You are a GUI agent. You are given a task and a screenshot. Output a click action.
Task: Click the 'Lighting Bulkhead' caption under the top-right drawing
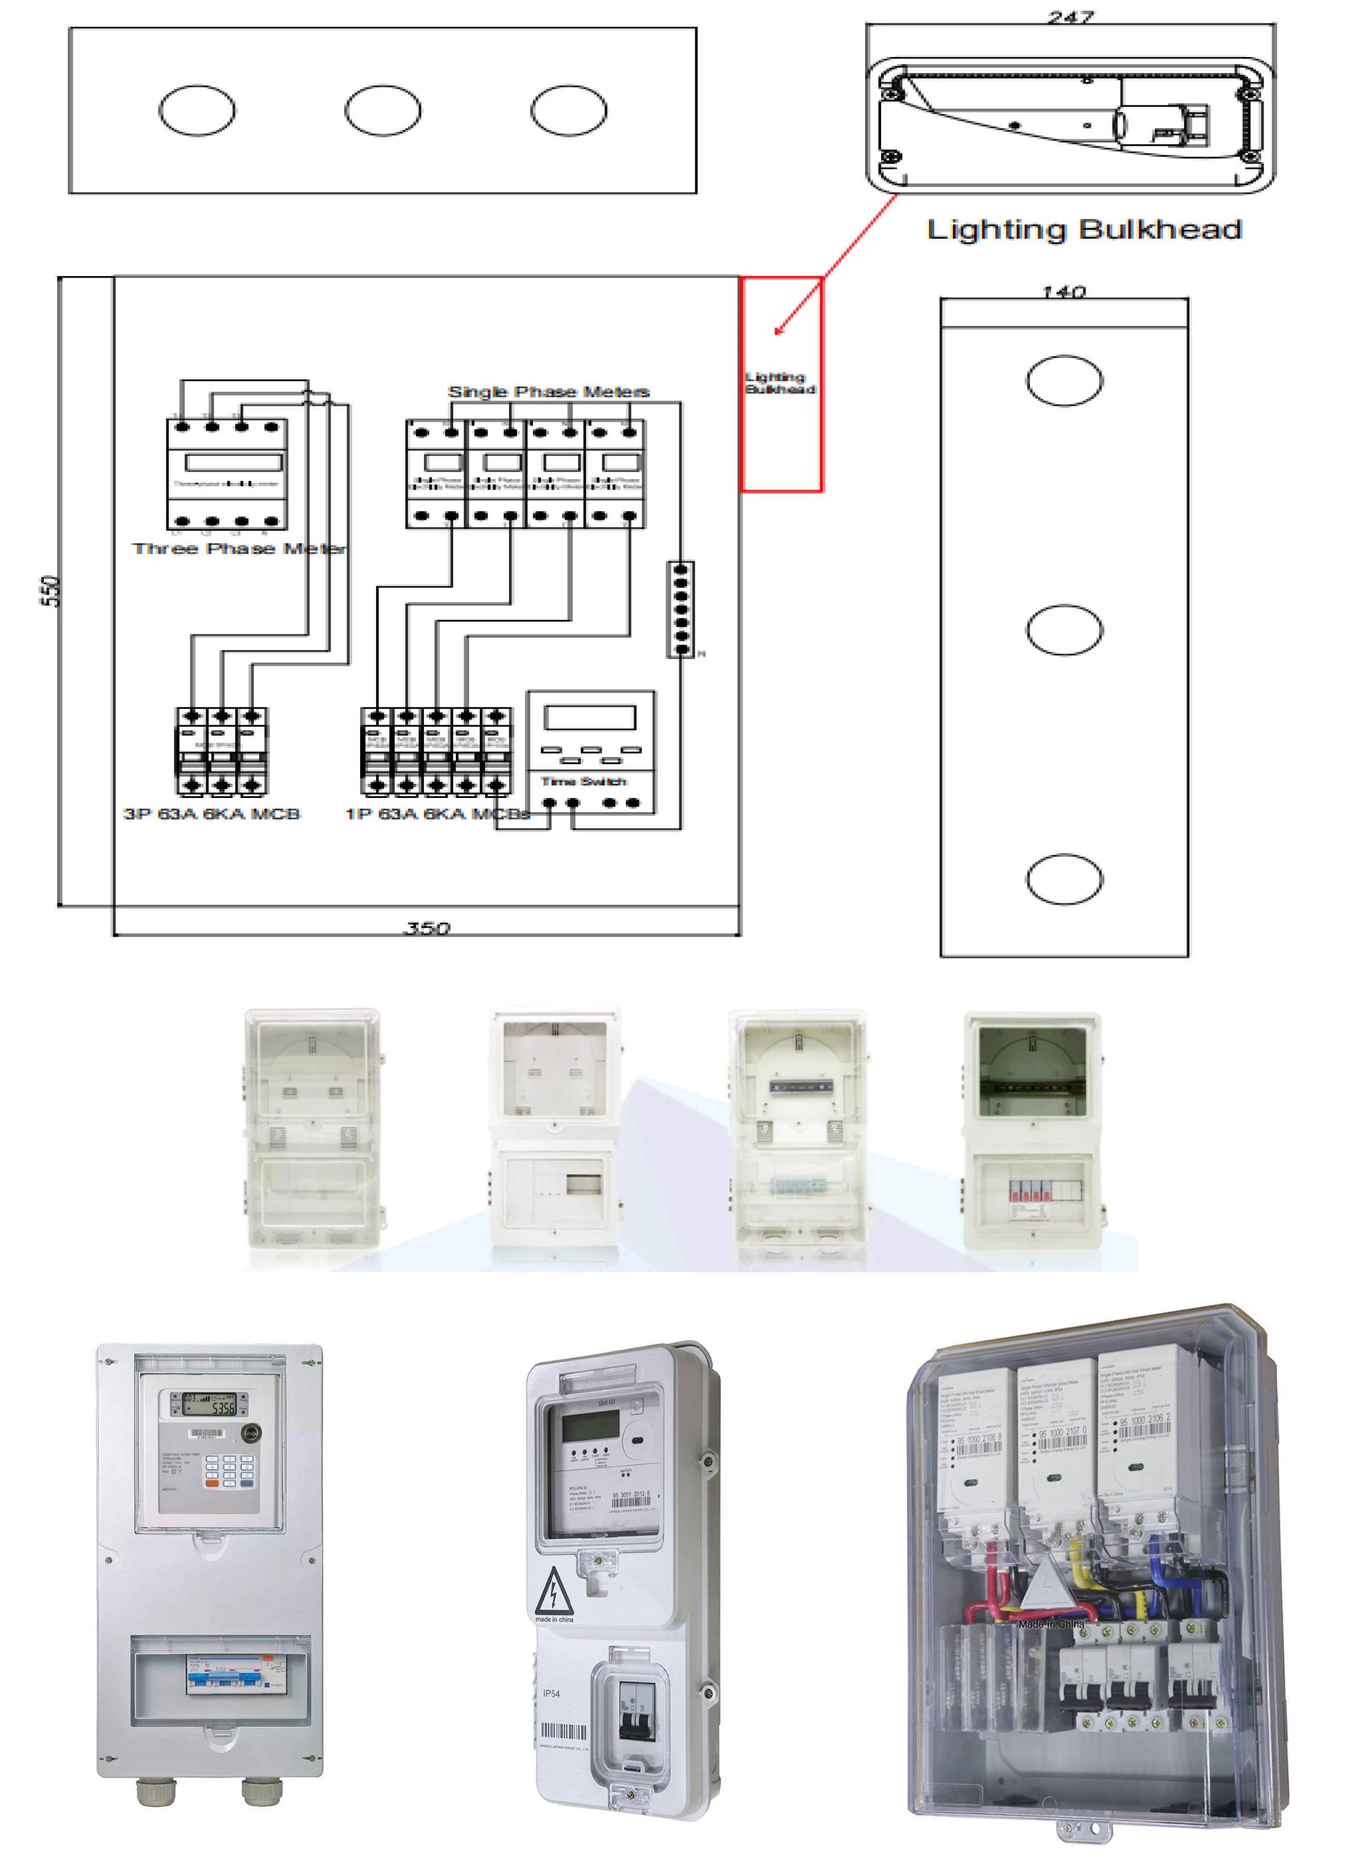(x=1083, y=230)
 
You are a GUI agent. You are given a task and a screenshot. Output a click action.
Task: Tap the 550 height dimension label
(x=50, y=591)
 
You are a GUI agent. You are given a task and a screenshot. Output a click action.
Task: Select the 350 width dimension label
(x=427, y=929)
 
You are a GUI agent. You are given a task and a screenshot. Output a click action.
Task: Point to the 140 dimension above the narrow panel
(x=1063, y=292)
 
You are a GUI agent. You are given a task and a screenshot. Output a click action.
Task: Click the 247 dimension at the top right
(x=1070, y=17)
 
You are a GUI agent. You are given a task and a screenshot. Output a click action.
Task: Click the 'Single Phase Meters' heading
(x=548, y=392)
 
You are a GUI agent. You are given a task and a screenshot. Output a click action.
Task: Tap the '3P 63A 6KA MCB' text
(x=212, y=813)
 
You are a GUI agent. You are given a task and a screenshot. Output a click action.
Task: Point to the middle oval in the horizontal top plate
(x=382, y=110)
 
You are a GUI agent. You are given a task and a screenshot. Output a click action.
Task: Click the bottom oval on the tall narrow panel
(x=1063, y=879)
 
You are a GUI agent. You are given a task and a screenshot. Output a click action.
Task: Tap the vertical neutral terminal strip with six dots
(x=680, y=609)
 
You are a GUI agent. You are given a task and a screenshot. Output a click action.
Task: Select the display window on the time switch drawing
(x=589, y=717)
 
